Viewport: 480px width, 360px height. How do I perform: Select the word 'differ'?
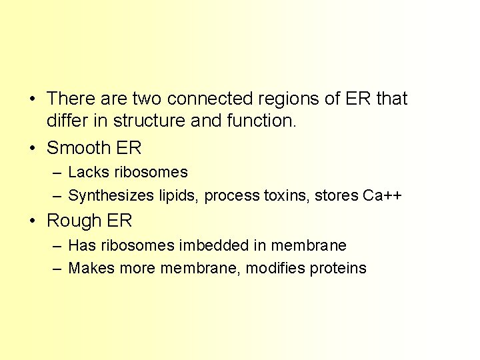(64, 121)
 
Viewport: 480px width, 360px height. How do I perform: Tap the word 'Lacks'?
(89, 172)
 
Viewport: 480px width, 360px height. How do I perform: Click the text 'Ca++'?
(382, 195)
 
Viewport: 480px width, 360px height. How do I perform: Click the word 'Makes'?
(91, 268)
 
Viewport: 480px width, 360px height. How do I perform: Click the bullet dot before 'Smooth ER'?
(33, 148)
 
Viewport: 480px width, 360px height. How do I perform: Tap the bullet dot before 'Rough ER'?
(33, 221)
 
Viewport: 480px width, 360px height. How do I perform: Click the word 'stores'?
(337, 195)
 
